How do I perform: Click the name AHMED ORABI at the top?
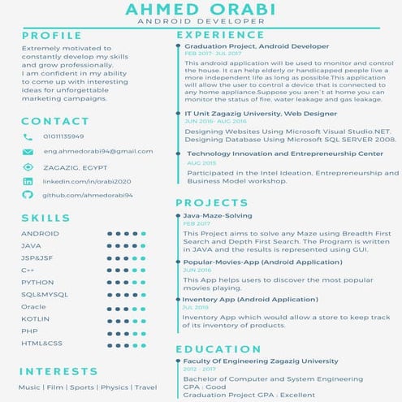coord(201,10)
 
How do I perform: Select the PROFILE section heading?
coord(52,36)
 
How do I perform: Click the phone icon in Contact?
coord(28,137)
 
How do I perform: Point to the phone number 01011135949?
coord(63,136)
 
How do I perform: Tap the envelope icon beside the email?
coord(28,152)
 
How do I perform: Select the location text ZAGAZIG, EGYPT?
coord(71,166)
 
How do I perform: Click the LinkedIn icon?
coord(28,181)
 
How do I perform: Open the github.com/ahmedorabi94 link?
coord(88,196)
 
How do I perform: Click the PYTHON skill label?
coord(37,282)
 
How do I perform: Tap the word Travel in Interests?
coord(145,387)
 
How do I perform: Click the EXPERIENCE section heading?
coord(220,36)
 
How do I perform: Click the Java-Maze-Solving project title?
coord(217,215)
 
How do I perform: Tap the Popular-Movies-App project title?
coord(251,262)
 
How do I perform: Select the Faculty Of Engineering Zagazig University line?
coord(261,361)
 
